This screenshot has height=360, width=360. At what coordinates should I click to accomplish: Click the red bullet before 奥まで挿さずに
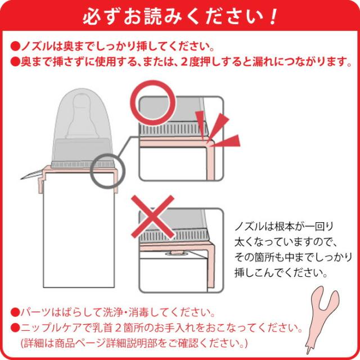point(15,60)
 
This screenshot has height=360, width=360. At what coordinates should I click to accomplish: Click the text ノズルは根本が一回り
point(285,227)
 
